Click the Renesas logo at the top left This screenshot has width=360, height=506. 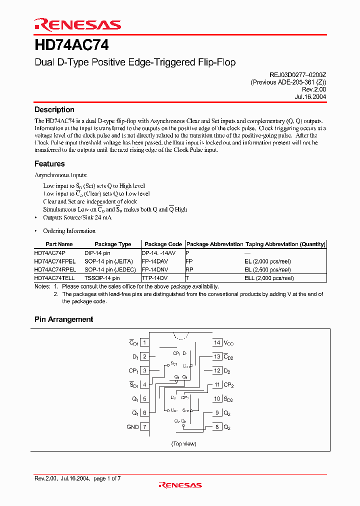(x=77, y=24)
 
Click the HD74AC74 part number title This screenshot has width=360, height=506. (x=71, y=45)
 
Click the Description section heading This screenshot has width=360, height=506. (x=54, y=109)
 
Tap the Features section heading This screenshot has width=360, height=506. (x=49, y=163)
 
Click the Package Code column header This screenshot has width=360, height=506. (x=163, y=244)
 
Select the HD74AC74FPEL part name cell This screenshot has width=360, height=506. (x=55, y=261)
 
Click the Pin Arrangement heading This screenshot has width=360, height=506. (x=63, y=319)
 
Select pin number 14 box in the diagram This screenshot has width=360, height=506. (x=217, y=342)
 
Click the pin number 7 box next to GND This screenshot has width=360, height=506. (x=144, y=427)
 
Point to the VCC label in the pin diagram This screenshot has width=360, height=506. (x=228, y=343)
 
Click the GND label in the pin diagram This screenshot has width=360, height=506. (x=132, y=427)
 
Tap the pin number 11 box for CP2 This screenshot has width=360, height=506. (x=217, y=385)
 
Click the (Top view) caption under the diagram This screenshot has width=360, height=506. (x=183, y=443)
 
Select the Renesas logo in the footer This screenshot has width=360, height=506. (x=180, y=484)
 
